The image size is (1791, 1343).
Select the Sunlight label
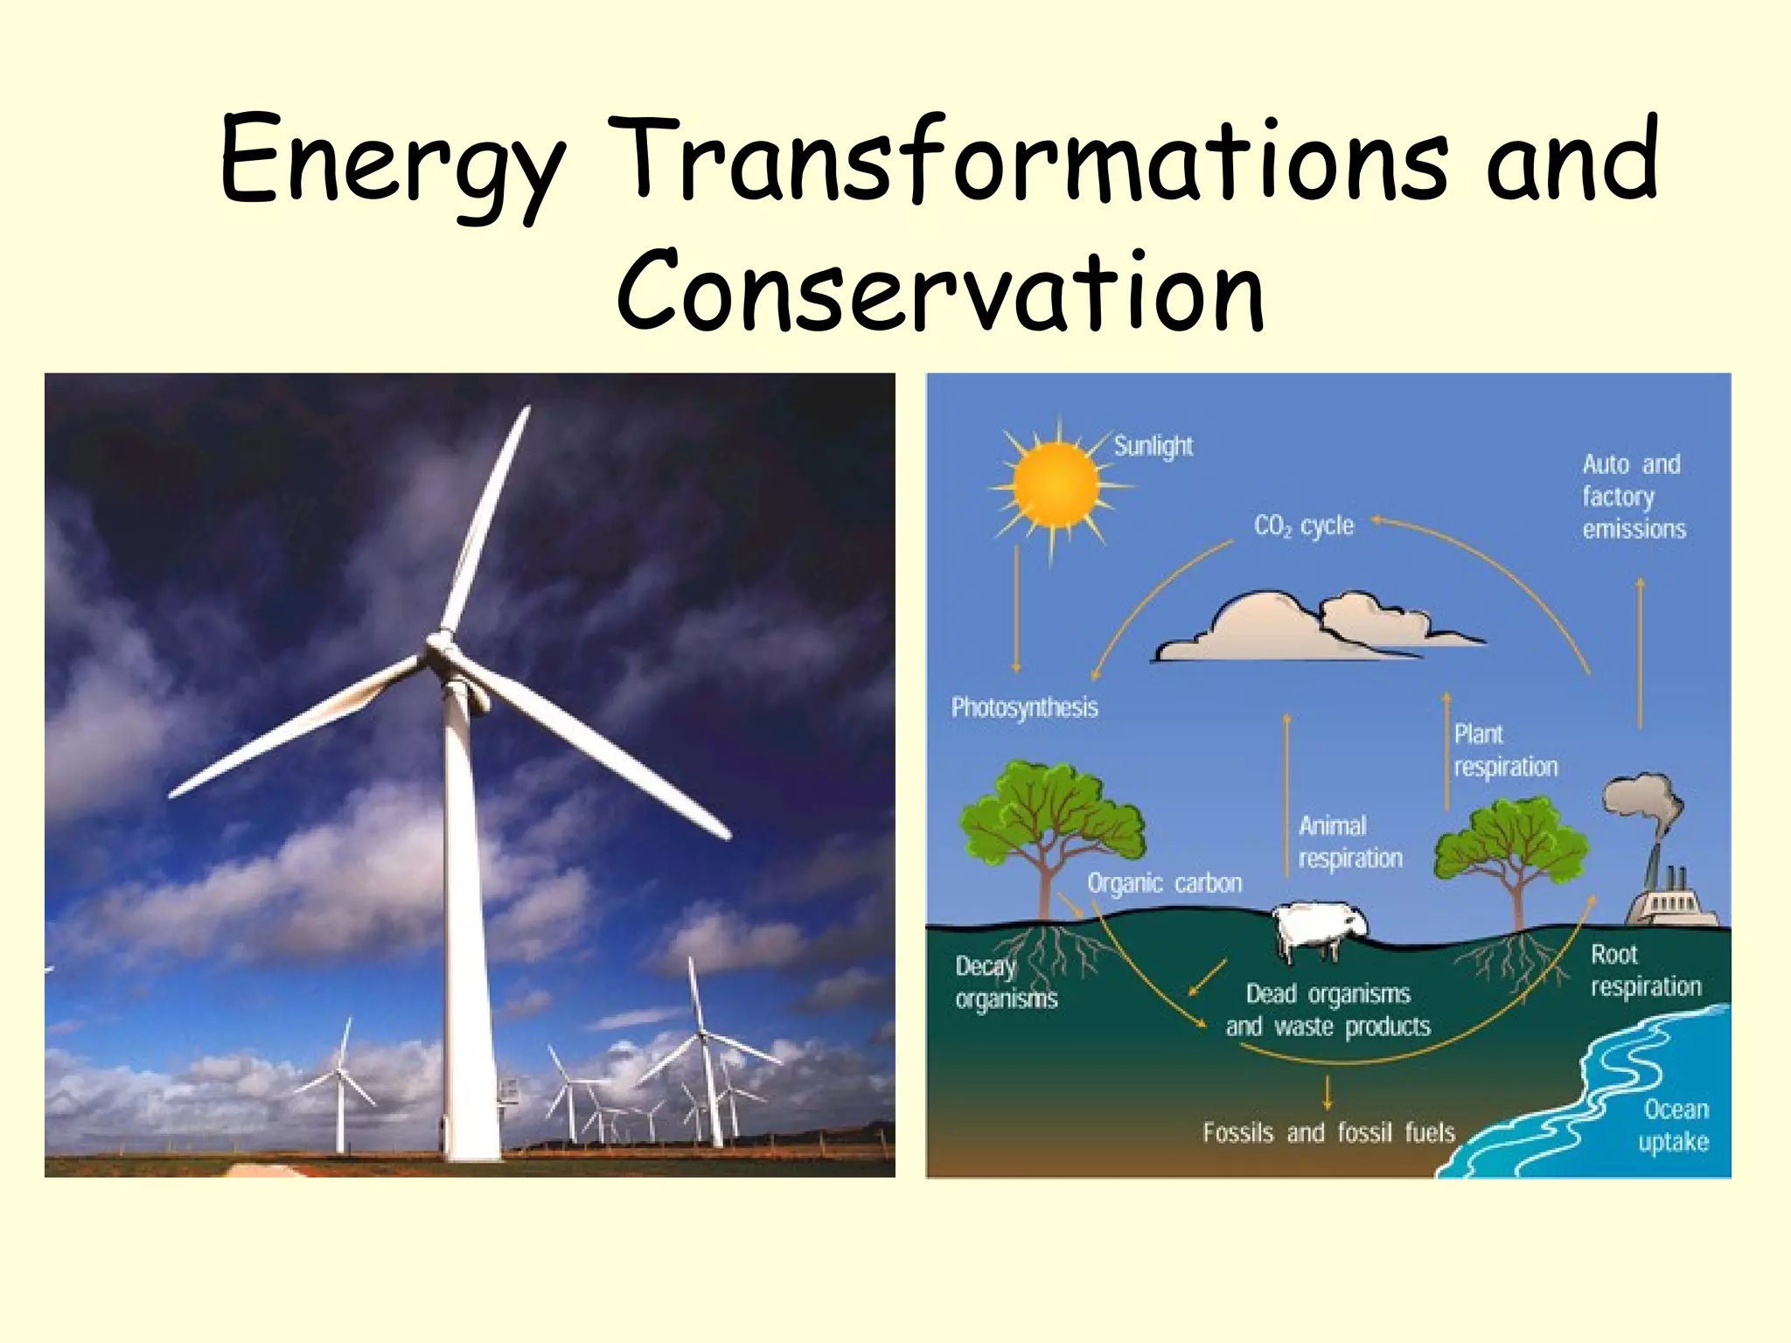(x=1153, y=446)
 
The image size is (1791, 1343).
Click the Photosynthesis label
(x=1024, y=706)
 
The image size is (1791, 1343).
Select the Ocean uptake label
(x=1674, y=1125)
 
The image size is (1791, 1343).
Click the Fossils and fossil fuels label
(x=1328, y=1132)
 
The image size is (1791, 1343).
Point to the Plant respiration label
(x=1505, y=750)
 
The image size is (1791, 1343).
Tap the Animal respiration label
(x=1349, y=842)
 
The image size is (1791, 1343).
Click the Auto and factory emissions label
(x=1633, y=496)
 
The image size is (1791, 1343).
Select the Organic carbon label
(x=1164, y=883)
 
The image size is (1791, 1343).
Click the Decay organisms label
(x=1006, y=982)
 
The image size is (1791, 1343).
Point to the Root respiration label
(x=1645, y=970)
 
